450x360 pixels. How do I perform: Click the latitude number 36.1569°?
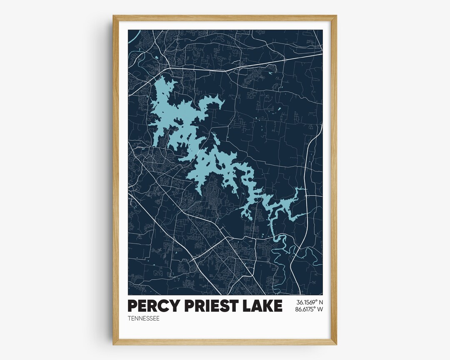tap(306, 302)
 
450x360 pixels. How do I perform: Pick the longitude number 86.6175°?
tap(306, 309)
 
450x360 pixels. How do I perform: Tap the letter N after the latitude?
tap(320, 302)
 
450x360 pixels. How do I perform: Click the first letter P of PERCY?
tap(132, 306)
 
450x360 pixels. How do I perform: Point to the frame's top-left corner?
tap(114, 16)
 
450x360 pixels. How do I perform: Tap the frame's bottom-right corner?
tap(335, 344)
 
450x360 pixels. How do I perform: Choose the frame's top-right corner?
tap(335, 16)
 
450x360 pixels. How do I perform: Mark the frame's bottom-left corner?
tap(114, 344)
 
